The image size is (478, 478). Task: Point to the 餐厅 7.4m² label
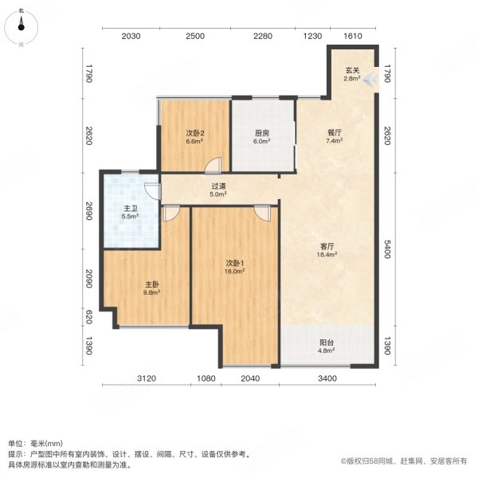click(x=333, y=137)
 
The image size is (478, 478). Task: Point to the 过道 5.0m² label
click(x=218, y=189)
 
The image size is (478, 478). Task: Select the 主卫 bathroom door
click(x=150, y=189)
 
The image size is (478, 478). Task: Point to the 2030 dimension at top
click(x=131, y=36)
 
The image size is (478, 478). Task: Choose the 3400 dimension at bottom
click(x=327, y=378)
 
